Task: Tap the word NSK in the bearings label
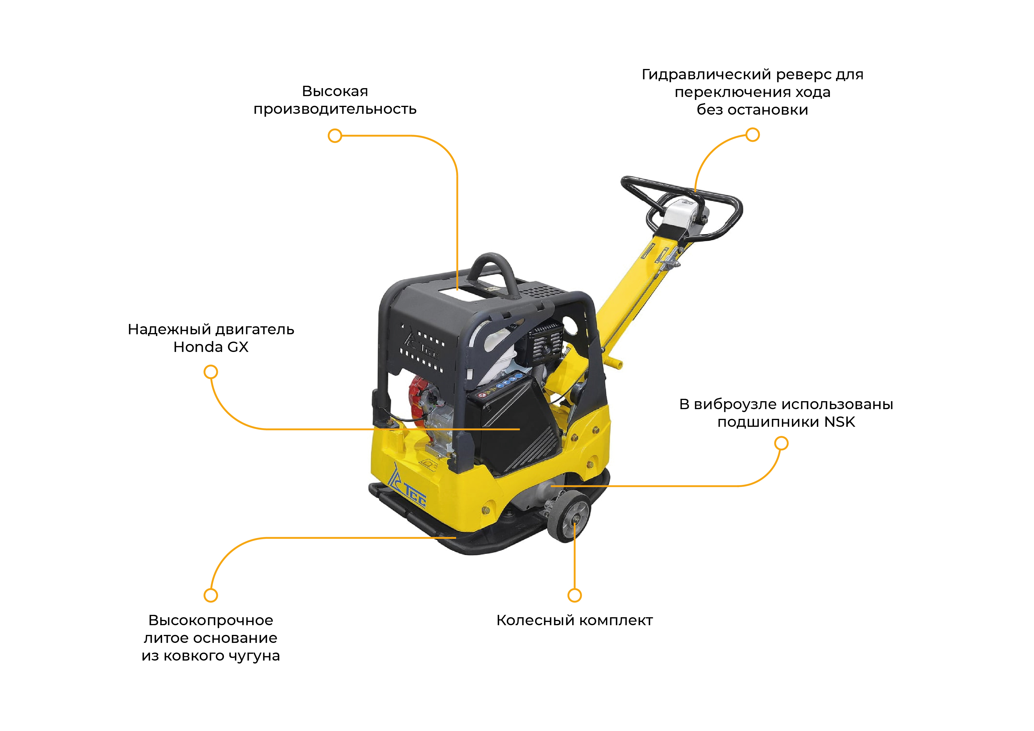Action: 840,422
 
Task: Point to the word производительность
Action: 335,109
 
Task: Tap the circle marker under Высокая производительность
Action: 335,136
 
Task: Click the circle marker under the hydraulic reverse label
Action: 753,135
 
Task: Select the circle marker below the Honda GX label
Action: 211,372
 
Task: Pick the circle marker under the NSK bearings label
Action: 781,444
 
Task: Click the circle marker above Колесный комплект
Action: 575,595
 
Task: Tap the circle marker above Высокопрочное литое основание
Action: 211,595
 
